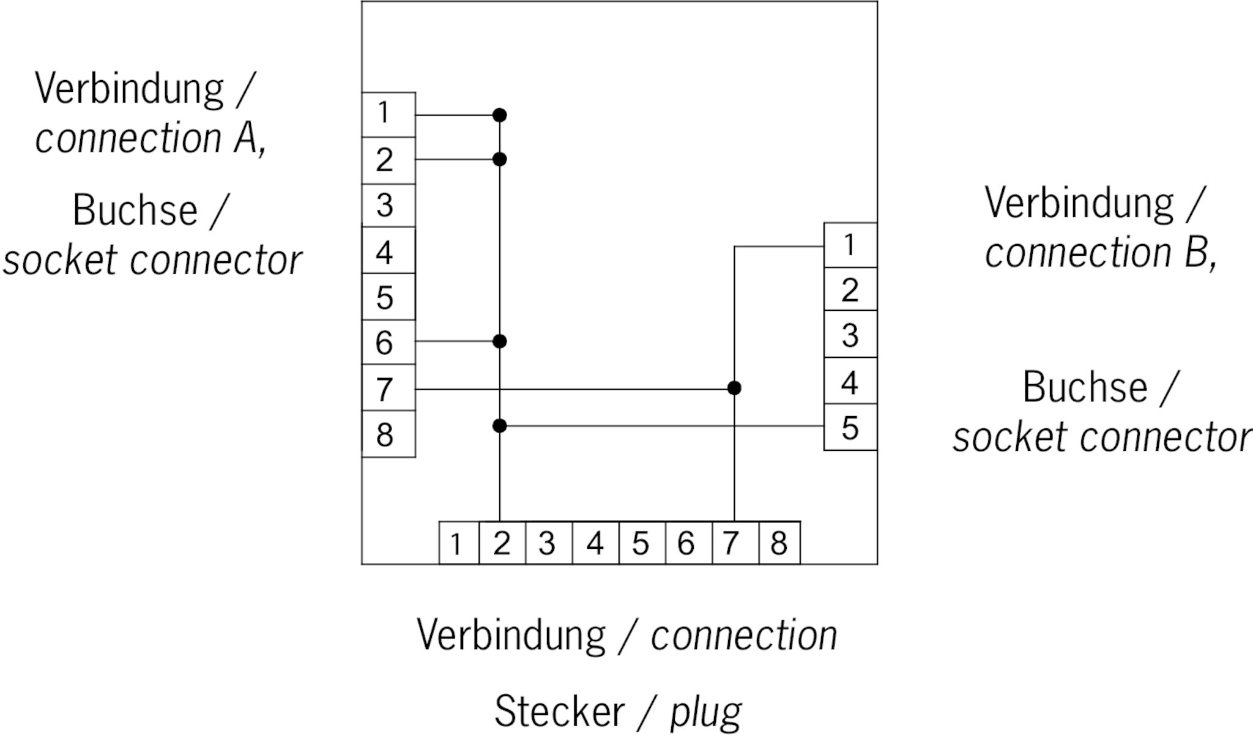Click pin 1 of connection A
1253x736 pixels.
388,114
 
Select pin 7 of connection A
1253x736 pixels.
388,388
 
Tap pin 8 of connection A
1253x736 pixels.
388,434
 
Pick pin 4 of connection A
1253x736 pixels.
388,251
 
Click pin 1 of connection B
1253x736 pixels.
850,245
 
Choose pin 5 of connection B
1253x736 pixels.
850,427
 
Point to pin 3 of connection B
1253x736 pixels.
850,335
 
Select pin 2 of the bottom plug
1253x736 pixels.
502,543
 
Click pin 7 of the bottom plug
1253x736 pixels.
735,543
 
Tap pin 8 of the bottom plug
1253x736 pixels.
779,543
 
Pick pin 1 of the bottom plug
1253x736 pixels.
458,543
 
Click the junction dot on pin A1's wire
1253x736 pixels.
500,115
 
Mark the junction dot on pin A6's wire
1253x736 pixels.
500,341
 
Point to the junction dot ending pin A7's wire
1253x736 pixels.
734,388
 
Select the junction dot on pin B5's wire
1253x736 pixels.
500,426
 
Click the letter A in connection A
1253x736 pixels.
246,138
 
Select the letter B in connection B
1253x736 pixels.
1196,253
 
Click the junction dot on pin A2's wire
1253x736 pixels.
500,160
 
